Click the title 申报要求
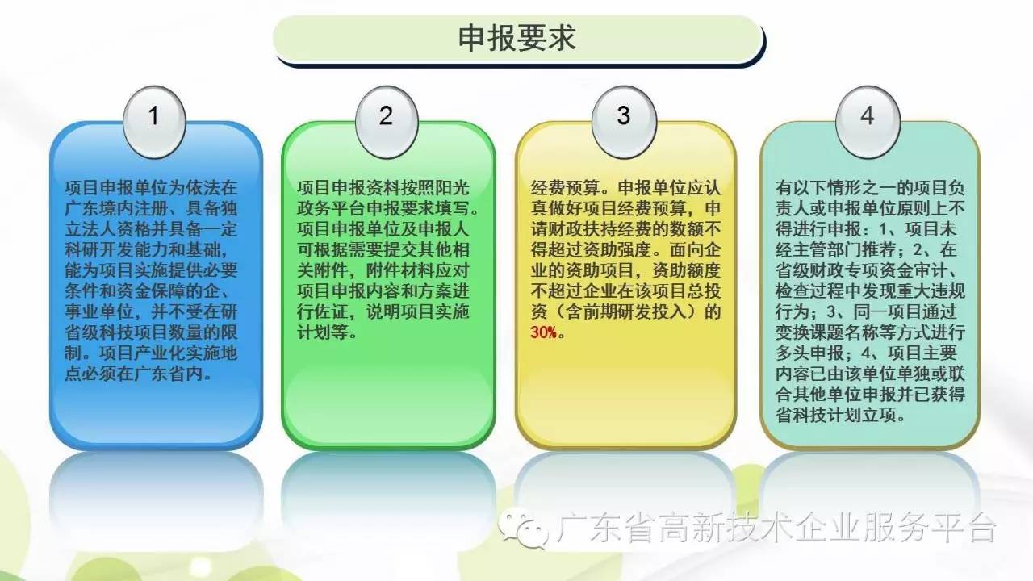tap(517, 38)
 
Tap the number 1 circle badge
tap(154, 122)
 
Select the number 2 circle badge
tap(387, 122)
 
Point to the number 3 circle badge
tap(624, 122)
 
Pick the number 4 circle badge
tap(868, 122)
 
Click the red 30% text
tap(544, 332)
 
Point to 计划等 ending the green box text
tap(323, 332)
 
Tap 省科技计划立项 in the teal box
tap(836, 415)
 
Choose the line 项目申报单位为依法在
tap(151, 188)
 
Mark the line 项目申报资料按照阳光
tap(383, 188)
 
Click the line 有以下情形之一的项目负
tap(870, 188)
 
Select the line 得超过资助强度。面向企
tap(625, 249)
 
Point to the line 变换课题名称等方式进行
tap(870, 332)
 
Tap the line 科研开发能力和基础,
tap(146, 249)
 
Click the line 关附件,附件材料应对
tap(383, 270)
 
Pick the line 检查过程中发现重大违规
tap(870, 291)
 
